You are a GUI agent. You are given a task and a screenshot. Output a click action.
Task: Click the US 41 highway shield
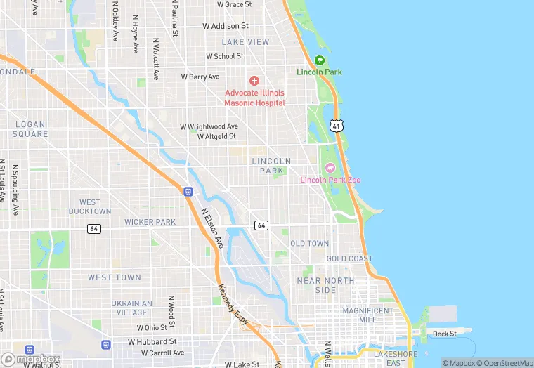coord(337,126)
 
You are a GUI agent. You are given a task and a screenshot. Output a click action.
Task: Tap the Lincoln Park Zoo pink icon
coord(330,167)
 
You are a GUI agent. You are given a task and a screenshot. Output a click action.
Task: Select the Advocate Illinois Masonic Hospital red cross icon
coord(254,81)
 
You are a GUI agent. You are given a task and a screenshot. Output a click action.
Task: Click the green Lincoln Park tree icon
coord(320,60)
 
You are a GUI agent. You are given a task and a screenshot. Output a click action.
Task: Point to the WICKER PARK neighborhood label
coord(150,222)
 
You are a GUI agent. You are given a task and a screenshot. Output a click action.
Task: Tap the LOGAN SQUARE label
coord(30,129)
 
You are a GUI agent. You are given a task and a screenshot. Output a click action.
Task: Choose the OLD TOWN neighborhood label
coord(309,244)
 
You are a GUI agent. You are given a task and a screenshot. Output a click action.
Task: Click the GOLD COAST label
coord(349,258)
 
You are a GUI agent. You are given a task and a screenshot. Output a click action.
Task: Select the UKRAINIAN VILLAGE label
coord(132,308)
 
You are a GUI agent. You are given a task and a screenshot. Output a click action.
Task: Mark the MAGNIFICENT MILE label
coord(367,315)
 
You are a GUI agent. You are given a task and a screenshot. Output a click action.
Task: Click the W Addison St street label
coord(226,26)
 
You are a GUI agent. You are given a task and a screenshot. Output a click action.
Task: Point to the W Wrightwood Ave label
coord(209,126)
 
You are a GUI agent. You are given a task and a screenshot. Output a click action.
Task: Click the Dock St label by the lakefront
coord(444,334)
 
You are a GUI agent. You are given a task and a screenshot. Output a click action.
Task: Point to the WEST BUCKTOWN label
coord(90,206)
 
